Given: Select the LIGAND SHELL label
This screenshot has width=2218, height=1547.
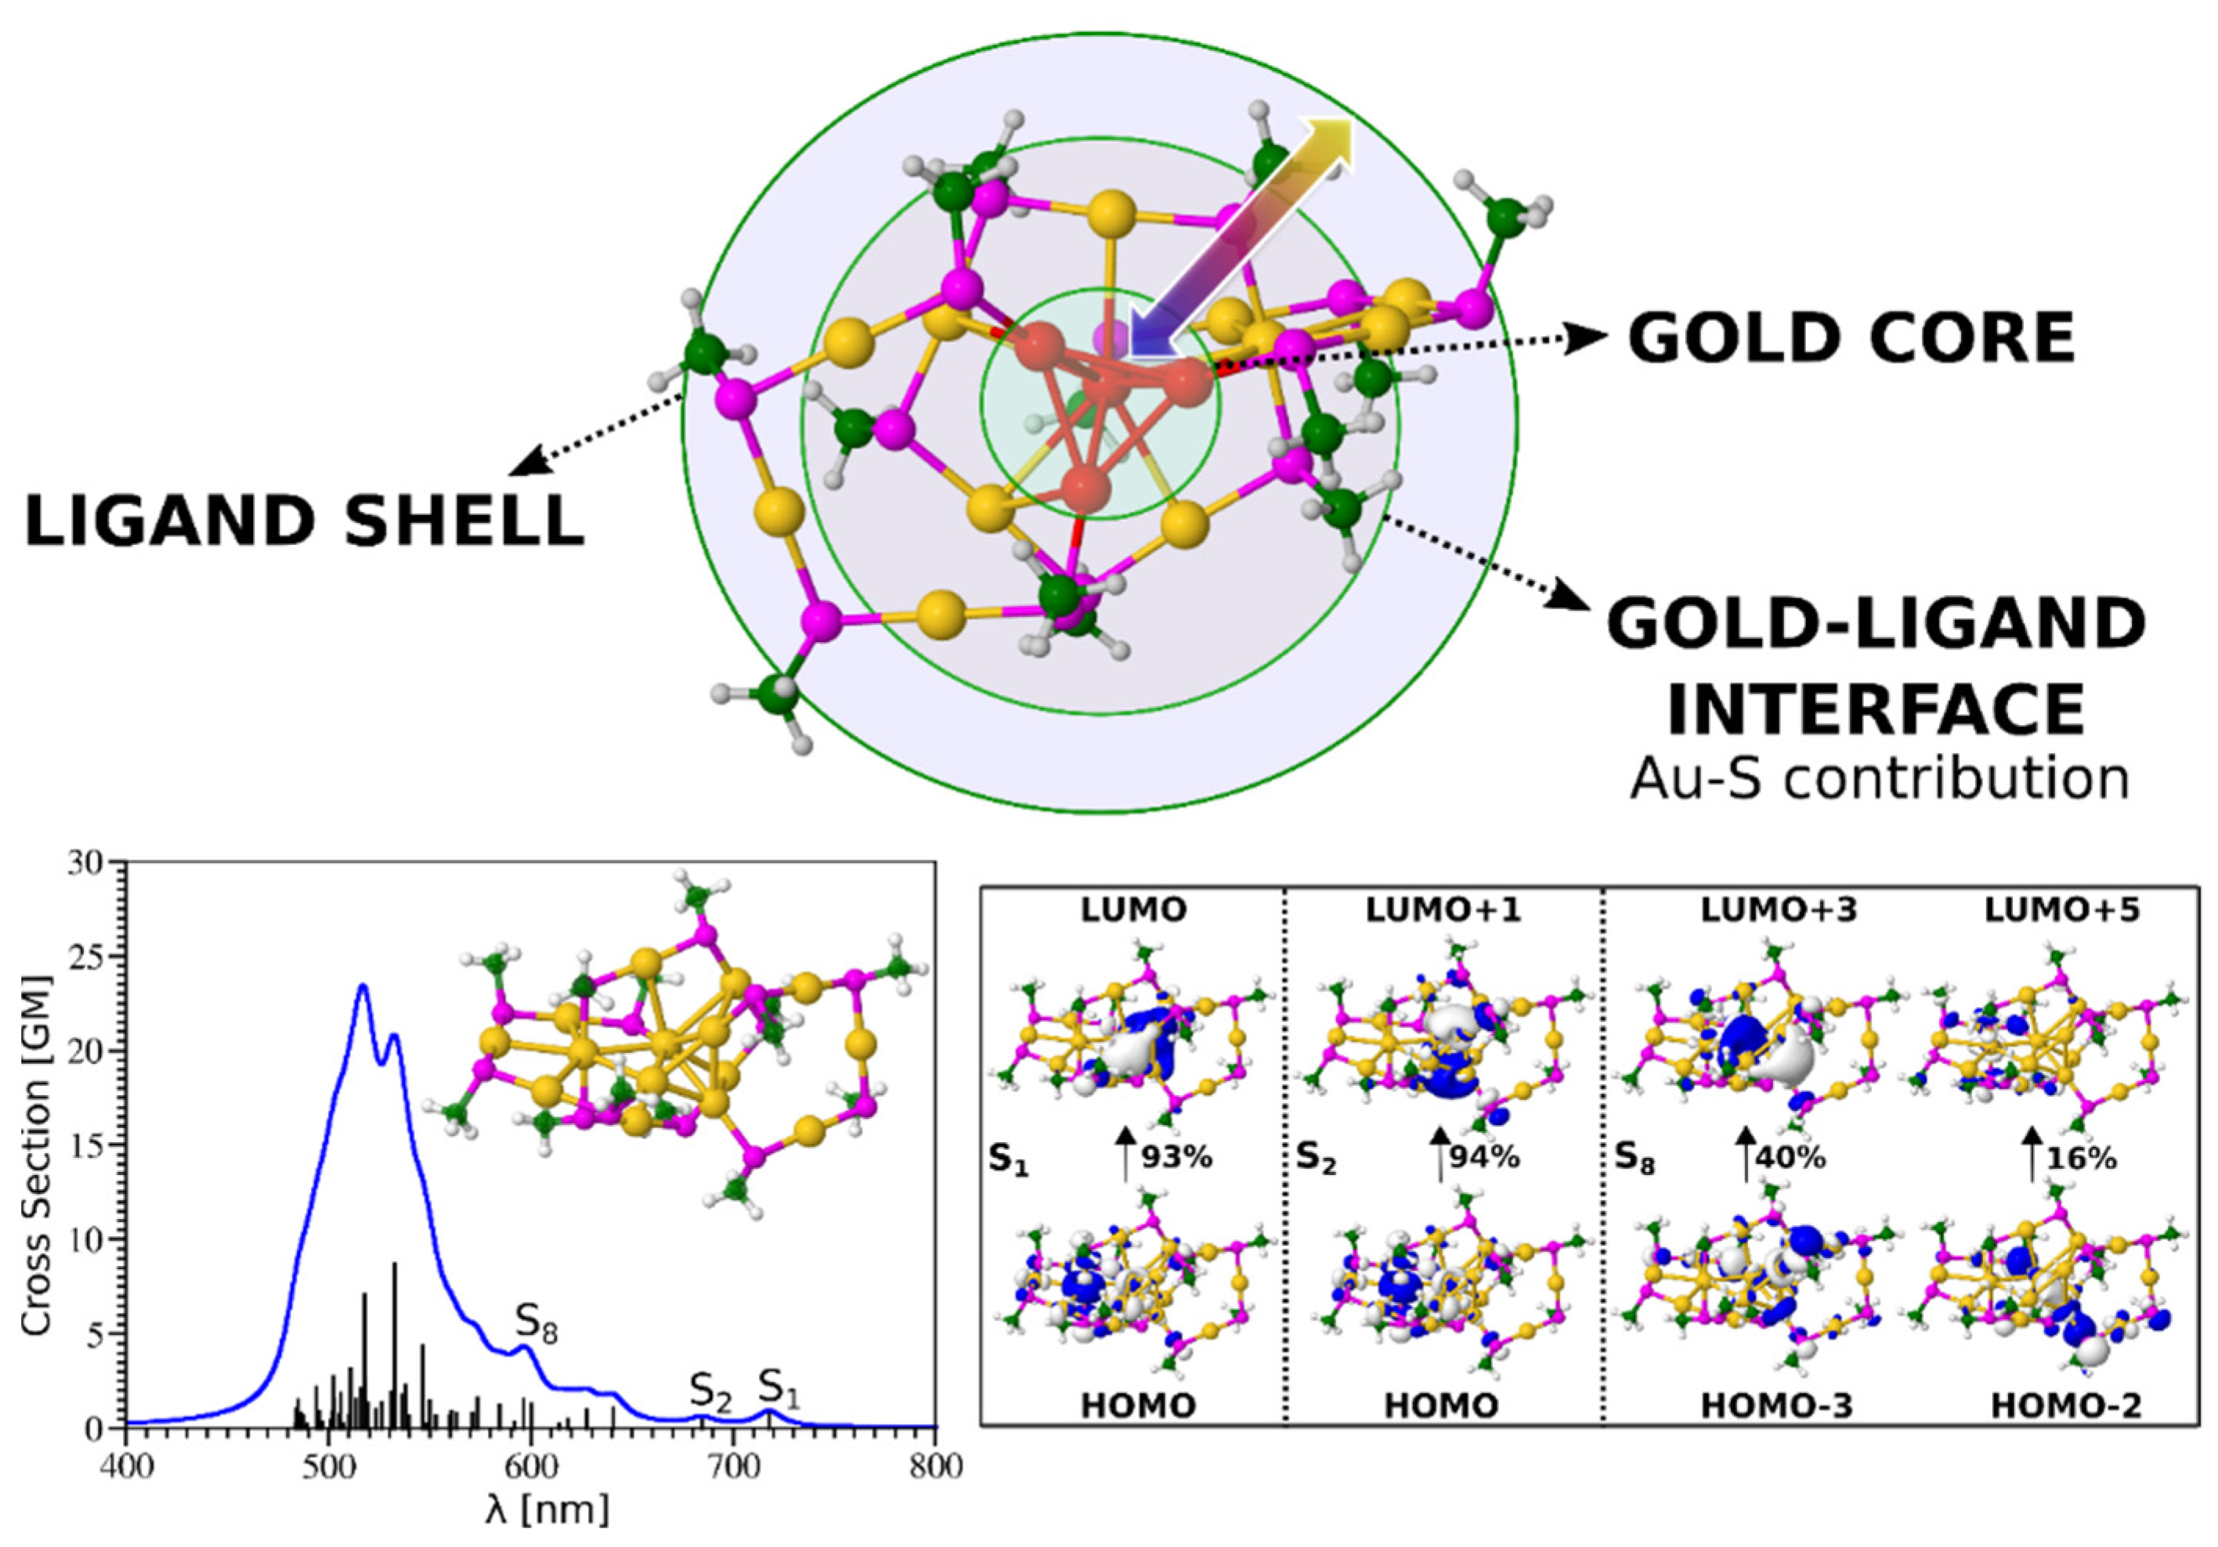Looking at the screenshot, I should point(305,521).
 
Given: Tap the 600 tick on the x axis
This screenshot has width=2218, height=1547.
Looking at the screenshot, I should point(531,1466).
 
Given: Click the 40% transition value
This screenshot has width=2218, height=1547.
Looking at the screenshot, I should point(1789,1157).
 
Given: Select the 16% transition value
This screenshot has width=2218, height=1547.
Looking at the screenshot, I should point(2081,1157).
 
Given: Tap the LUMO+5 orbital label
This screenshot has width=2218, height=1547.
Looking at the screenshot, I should point(2061,911).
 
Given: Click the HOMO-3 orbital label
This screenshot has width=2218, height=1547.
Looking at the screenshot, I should point(1776,1406).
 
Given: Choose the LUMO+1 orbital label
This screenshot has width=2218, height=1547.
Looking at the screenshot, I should point(1443,911).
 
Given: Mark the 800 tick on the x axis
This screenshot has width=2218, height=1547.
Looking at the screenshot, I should point(935,1466).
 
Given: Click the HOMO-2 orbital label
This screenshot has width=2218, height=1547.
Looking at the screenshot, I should point(2066,1406).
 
